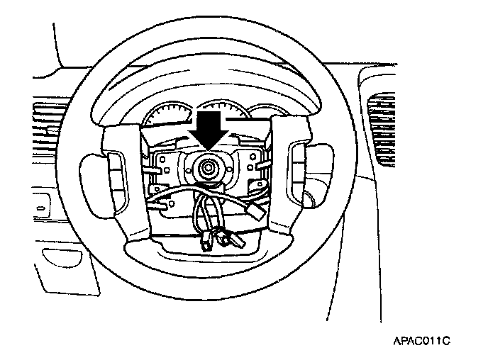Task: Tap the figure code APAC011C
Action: click(421, 341)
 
